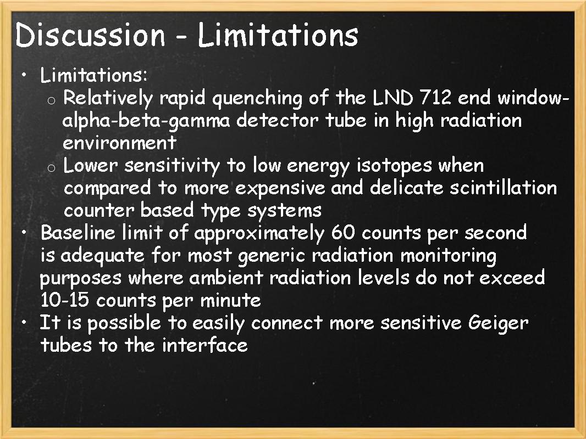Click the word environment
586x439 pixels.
pyautogui.click(x=119, y=143)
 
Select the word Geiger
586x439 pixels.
pyautogui.click(x=498, y=323)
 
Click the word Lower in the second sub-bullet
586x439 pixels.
pyautogui.click(x=90, y=166)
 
